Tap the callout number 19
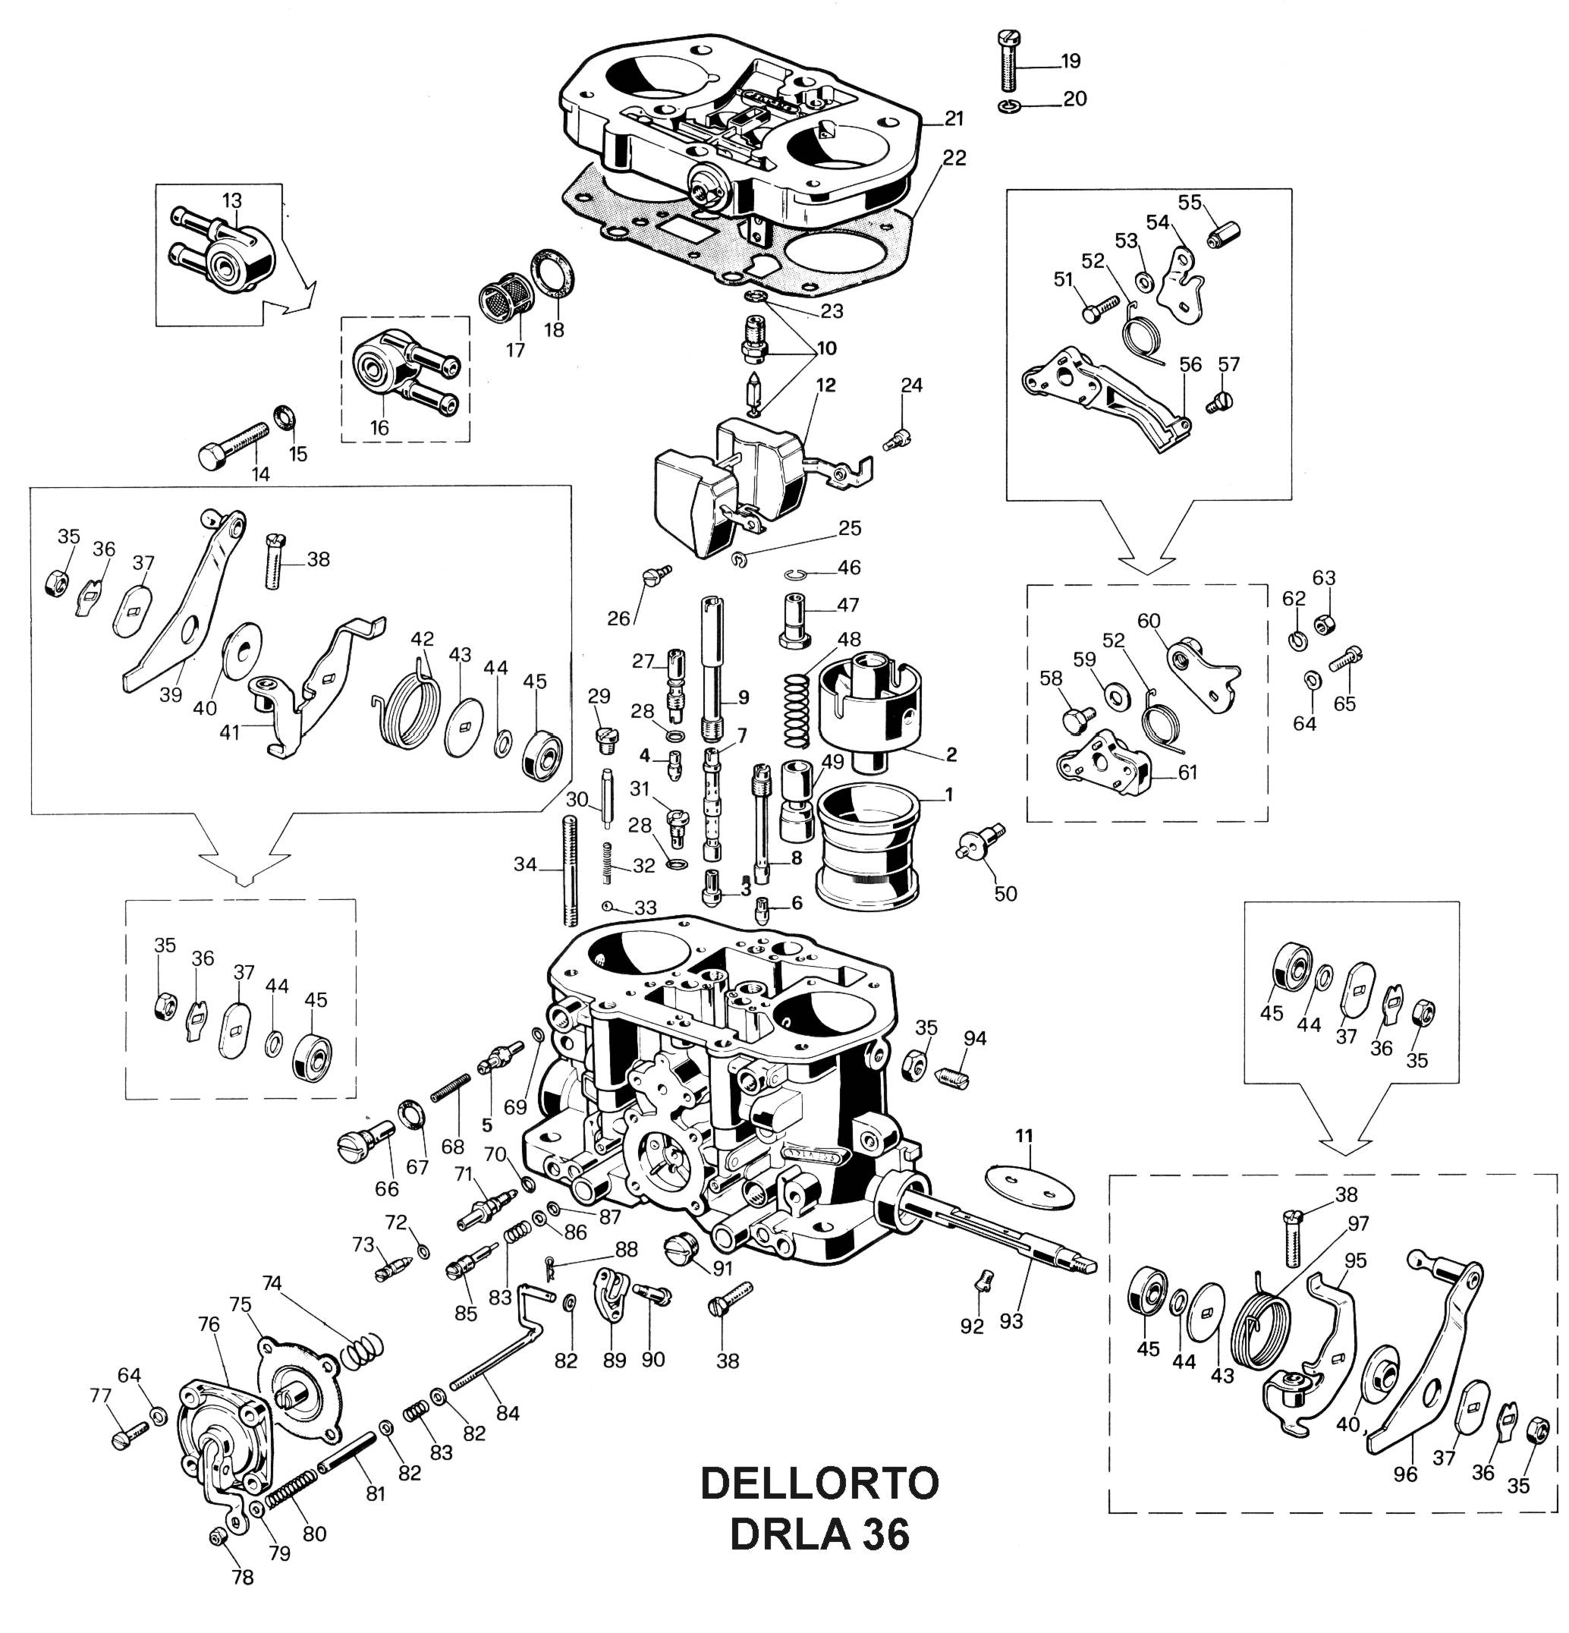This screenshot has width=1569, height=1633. (1070, 61)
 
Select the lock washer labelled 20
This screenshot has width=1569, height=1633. (1009, 107)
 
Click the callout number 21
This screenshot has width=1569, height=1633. (954, 119)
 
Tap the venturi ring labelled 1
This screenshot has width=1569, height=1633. (869, 847)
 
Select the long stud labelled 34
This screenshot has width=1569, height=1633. (571, 870)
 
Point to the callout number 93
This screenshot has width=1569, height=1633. (1011, 1320)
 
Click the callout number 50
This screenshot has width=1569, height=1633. (1006, 893)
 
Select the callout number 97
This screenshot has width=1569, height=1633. (1358, 1224)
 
